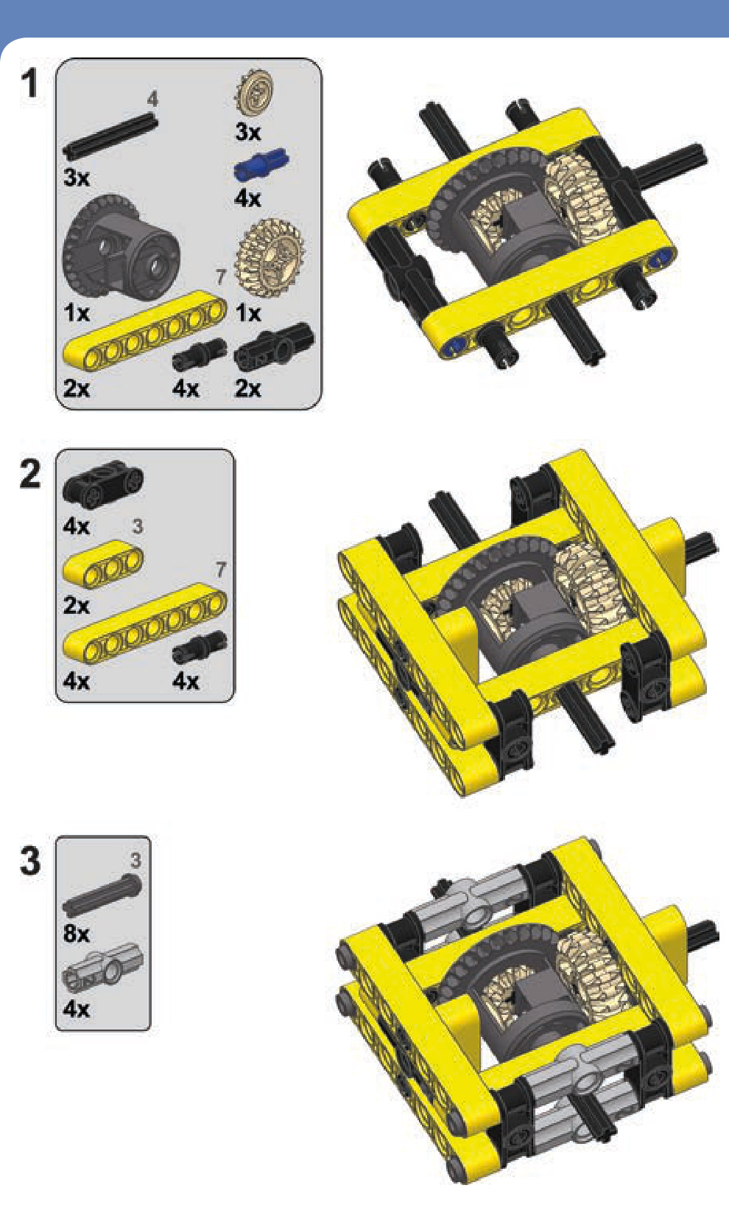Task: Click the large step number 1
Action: tap(29, 83)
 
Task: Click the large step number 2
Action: tap(30, 474)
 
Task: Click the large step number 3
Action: tap(30, 861)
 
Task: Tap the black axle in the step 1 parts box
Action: tap(110, 136)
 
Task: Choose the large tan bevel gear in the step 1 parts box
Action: tap(269, 258)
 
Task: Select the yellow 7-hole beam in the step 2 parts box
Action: tap(145, 623)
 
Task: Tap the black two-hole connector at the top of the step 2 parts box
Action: tap(103, 482)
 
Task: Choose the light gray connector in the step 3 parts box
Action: tap(102, 968)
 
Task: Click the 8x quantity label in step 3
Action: tap(76, 933)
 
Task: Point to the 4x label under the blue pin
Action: tap(248, 198)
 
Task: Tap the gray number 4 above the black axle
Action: tap(152, 99)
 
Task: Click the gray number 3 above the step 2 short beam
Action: tap(137, 525)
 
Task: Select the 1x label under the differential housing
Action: tap(77, 312)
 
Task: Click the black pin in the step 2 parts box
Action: tap(200, 647)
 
